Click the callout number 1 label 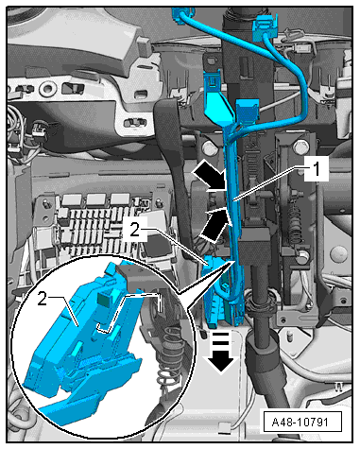click(317, 169)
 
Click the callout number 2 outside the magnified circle click(135, 230)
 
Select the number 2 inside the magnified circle click(43, 299)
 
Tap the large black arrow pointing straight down click(221, 351)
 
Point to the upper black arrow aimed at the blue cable click(210, 175)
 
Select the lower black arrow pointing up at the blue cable click(215, 223)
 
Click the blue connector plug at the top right click(266, 27)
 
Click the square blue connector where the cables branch click(248, 112)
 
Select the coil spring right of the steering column click(295, 222)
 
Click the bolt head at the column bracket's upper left click(208, 146)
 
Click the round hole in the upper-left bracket click(47, 89)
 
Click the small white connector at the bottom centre click(224, 427)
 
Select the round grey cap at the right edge click(339, 253)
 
